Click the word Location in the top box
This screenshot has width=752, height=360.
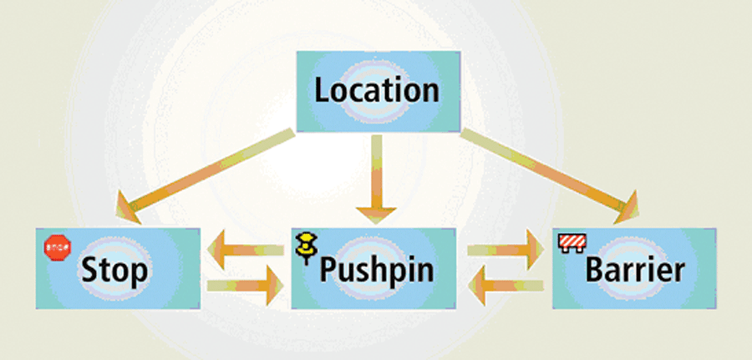[376, 90]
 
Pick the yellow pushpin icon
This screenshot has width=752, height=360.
[307, 245]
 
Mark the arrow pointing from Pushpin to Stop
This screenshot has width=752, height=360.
[246, 249]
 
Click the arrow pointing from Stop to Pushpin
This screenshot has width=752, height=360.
[246, 287]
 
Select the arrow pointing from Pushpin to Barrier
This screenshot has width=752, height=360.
[505, 249]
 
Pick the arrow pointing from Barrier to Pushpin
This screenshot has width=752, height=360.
[505, 287]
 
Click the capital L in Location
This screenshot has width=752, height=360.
[322, 90]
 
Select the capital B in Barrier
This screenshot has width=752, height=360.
[595, 271]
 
